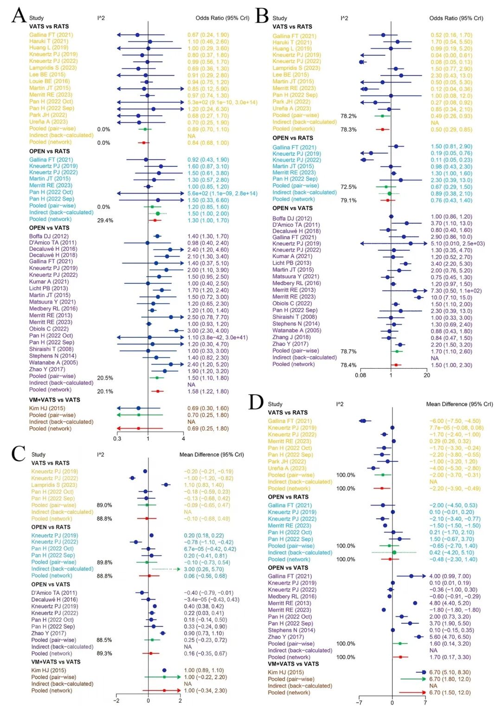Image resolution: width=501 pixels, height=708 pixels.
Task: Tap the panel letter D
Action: click(256, 402)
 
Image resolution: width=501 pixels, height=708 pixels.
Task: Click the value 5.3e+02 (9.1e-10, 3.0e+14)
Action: click(222, 102)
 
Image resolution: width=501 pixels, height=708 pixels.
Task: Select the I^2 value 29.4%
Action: click(105, 220)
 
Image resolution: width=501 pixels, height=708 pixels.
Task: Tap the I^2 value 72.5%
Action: click(348, 187)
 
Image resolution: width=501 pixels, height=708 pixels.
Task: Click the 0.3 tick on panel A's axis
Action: click(117, 438)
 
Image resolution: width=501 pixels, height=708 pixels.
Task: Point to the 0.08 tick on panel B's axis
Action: click(360, 375)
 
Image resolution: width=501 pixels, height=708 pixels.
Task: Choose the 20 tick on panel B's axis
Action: click(427, 375)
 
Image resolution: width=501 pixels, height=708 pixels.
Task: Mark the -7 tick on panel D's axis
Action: click(359, 702)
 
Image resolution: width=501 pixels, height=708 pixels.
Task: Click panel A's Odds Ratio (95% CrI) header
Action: click(222, 18)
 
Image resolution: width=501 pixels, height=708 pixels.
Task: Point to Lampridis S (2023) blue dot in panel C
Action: click(166, 485)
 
